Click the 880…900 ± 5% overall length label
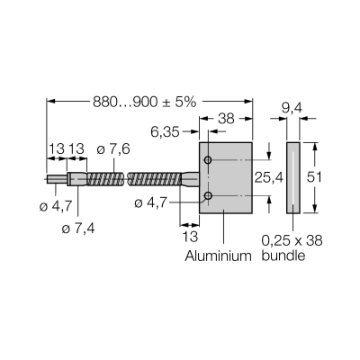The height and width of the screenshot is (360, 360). click(144, 103)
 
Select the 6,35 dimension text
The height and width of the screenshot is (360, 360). click(165, 132)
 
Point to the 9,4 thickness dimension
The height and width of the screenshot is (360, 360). click(292, 109)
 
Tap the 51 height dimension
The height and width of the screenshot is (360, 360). click(314, 177)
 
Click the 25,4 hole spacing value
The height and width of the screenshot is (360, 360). click(269, 177)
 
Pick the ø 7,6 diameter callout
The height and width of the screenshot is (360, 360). click(113, 149)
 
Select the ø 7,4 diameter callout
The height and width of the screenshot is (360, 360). click(78, 229)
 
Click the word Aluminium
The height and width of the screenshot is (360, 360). click(218, 256)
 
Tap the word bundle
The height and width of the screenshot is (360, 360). click(283, 256)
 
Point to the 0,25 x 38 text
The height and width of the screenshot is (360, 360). click(292, 240)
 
